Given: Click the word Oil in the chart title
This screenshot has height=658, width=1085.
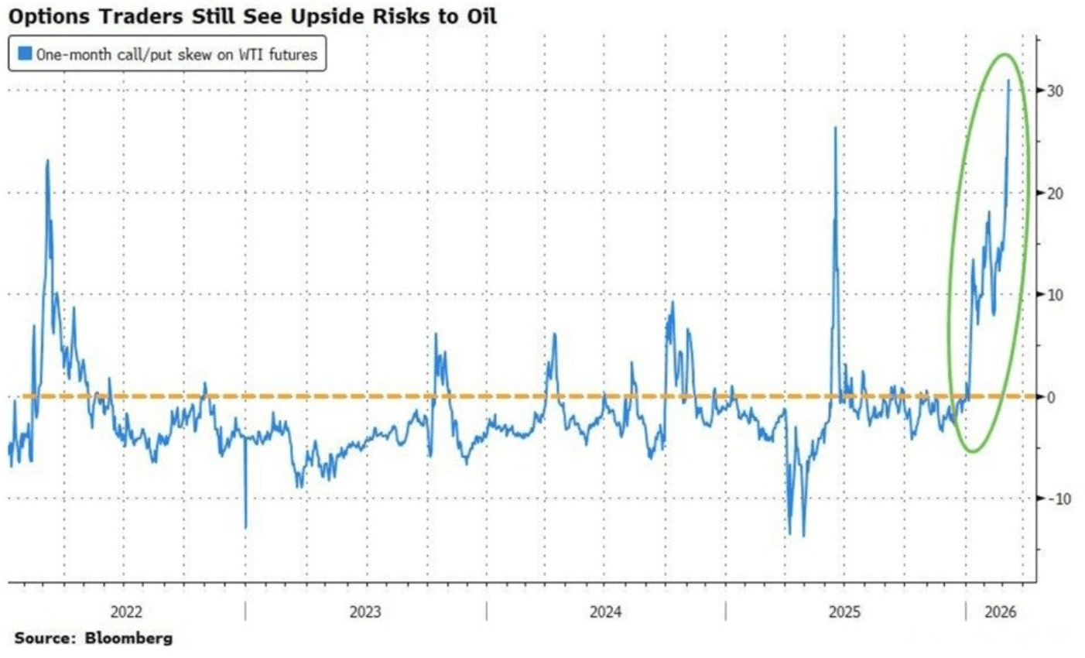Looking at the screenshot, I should [480, 16].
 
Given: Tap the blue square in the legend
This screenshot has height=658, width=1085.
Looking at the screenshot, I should [26, 54].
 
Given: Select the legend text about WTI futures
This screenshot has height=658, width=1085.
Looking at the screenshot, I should [176, 54].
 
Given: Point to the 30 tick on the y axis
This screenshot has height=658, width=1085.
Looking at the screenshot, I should [1055, 91].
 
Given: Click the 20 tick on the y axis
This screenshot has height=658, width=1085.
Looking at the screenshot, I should [1055, 193].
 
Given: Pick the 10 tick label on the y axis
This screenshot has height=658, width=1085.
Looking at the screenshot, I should [1055, 295].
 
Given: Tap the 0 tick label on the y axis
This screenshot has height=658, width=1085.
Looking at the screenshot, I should [1051, 397].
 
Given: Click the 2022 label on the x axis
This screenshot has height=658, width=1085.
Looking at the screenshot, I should [126, 612].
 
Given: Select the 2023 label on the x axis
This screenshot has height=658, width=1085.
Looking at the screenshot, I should [365, 612].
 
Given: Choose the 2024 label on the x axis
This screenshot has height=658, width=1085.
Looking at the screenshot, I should [605, 612].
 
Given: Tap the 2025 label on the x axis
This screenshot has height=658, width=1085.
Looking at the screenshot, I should [844, 612].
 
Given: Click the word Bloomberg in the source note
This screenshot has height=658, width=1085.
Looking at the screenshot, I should [128, 639].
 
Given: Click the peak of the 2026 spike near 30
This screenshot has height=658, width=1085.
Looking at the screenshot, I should [1008, 81].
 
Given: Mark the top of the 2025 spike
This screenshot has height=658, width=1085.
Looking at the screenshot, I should [835, 128].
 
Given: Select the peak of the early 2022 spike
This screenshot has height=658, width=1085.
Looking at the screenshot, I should [47, 161].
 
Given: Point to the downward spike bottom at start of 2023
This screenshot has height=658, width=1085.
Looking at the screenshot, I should [245, 528].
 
